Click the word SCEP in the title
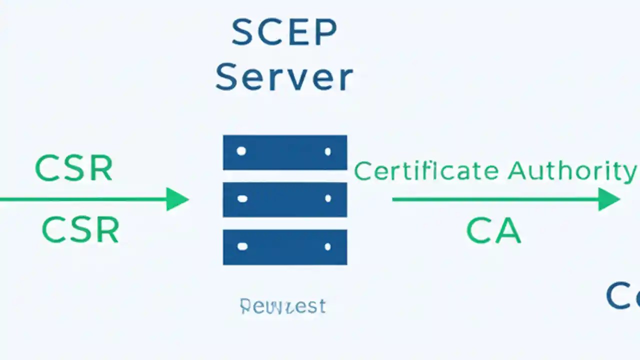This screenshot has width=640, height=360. click(284, 33)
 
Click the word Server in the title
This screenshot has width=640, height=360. click(284, 78)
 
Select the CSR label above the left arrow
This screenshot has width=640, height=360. click(74, 169)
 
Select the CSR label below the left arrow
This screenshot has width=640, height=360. click(80, 230)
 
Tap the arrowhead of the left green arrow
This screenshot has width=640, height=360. click(177, 199)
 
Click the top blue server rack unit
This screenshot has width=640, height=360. click(285, 152)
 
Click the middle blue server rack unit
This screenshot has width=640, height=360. click(285, 199)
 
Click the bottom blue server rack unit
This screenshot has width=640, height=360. click(285, 247)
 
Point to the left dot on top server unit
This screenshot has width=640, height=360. click(241, 151)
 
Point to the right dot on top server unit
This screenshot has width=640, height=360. click(328, 151)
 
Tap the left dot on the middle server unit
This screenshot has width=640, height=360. click(242, 199)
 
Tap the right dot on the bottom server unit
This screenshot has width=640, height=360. click(328, 246)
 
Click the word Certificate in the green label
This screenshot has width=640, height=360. click(426, 171)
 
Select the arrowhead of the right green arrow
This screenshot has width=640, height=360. click(609, 199)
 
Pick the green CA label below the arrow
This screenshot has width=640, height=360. click(493, 231)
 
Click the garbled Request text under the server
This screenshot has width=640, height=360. click(283, 306)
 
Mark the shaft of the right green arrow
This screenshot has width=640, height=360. click(495, 199)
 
